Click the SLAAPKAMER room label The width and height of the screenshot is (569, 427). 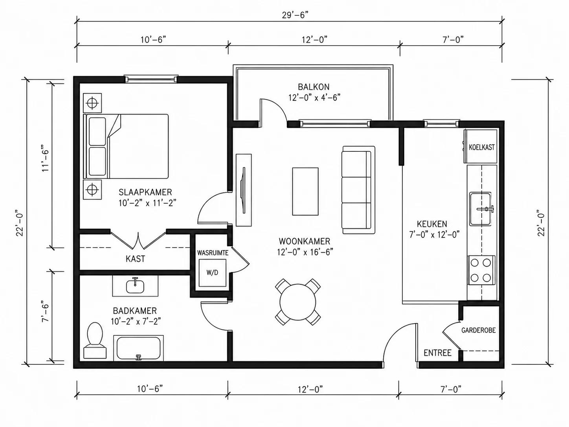pos(145,192)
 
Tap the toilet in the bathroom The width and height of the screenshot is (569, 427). pos(95,340)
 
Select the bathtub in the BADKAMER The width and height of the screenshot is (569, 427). pos(138,348)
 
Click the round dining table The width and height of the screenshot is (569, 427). pos(298,302)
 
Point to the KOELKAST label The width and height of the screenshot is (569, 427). pos(482,147)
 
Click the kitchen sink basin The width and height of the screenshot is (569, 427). pos(480,209)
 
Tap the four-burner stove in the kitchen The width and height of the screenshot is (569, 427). pos(481,271)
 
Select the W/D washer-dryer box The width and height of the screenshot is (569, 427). pos(212,272)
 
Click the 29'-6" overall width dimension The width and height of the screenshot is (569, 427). pos(295,15)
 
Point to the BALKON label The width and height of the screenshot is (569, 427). pos(314,87)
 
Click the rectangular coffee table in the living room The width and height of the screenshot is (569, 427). pos(305,191)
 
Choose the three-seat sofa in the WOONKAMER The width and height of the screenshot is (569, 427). pos(358,190)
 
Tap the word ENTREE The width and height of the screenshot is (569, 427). pos(438,353)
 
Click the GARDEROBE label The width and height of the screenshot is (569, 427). pos(479,330)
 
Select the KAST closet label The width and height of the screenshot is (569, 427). pos(135,259)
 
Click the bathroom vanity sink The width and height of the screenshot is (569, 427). pos(135,286)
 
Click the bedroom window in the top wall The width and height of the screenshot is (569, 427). pos(151,79)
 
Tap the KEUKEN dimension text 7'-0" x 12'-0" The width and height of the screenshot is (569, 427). pos(435,235)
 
